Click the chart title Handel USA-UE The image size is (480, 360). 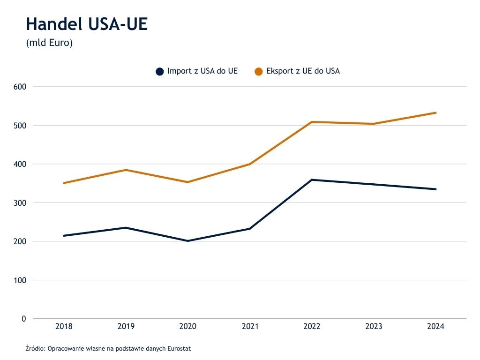point(87,24)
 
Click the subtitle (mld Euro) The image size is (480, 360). point(49,43)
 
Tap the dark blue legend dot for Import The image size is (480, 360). point(160,72)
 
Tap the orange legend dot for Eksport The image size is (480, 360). point(258,72)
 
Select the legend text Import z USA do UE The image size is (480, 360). point(202,71)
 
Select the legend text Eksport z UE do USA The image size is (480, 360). point(303,71)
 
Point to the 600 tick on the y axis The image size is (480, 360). point(19,87)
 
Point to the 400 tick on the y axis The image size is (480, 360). point(19,164)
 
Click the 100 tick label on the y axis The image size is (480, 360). point(19,280)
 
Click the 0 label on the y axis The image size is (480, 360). point(23,319)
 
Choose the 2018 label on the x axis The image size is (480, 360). point(64,326)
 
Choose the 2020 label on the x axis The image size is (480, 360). point(188,326)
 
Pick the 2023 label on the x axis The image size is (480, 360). point(374,326)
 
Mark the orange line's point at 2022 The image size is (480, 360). point(312,122)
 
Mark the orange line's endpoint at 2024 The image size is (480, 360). point(435,112)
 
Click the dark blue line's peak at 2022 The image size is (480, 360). point(312,180)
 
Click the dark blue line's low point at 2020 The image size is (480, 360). point(188,241)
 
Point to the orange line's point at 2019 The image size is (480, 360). point(126,170)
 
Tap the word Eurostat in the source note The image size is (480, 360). point(180,349)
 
